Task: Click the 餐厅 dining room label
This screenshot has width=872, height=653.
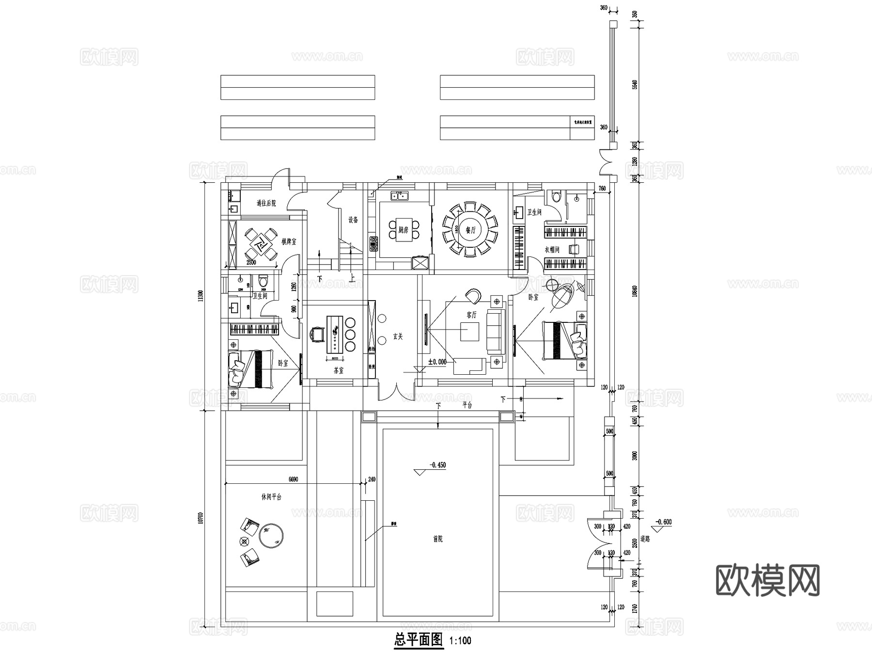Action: point(471,231)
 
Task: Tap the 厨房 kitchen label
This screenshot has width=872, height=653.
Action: point(403,230)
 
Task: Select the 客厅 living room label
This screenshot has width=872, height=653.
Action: point(471,315)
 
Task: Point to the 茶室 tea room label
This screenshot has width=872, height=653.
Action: point(338,370)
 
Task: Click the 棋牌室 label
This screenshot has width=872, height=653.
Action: point(289,241)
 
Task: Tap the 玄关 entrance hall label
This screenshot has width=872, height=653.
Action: point(398,336)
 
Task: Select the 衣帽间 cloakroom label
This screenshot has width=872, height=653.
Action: point(552,250)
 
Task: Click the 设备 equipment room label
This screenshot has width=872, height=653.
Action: point(353,220)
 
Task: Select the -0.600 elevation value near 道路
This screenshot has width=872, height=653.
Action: point(663,522)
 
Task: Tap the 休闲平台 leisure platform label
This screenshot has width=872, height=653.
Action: point(271,497)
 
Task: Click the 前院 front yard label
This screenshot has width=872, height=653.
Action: point(437,539)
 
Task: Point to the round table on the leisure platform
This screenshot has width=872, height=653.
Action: point(271,535)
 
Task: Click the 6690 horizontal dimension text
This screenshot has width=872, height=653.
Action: point(293,479)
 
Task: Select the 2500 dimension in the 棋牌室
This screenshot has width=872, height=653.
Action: point(251,262)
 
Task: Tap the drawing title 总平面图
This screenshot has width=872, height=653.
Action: point(419,640)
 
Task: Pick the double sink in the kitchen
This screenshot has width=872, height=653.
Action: point(400,196)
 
